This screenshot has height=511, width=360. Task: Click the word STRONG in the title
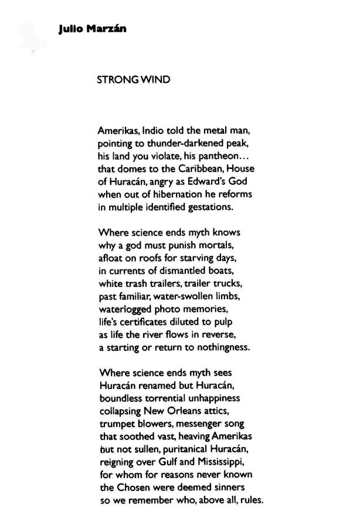(x=115, y=79)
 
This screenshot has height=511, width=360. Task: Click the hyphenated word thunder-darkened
(x=182, y=143)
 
